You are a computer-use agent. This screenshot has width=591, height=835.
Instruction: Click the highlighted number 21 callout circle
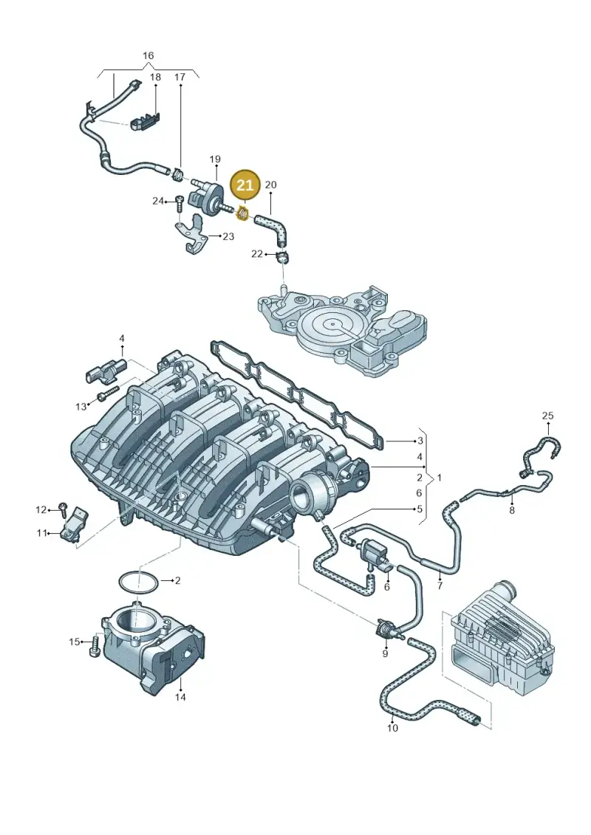[245, 185]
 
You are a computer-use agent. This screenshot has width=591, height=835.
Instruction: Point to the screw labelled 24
[179, 204]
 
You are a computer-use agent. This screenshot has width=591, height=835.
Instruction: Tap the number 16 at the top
[148, 55]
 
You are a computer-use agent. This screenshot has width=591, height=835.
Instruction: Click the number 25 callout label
[548, 416]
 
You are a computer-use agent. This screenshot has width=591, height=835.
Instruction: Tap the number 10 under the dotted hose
[392, 727]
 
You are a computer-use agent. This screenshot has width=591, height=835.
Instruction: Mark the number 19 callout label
[215, 159]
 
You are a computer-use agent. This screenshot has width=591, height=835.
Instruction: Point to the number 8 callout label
[512, 510]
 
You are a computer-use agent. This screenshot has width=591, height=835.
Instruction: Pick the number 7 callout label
[440, 586]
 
